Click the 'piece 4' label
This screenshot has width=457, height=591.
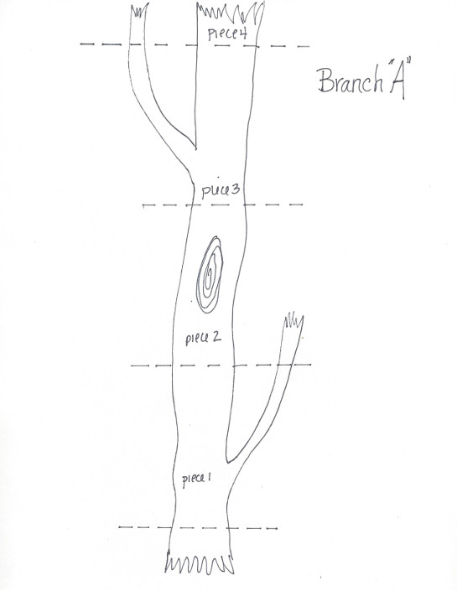tap(227, 34)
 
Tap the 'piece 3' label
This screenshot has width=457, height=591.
tap(221, 190)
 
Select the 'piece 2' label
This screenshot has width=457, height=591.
tap(203, 337)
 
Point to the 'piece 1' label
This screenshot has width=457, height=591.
tap(196, 480)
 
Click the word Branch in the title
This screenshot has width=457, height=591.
tap(351, 81)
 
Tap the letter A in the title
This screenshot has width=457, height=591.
tap(397, 80)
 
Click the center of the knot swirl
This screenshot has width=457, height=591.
tap(210, 274)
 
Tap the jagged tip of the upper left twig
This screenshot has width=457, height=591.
tap(139, 11)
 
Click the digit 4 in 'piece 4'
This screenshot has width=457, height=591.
tap(242, 34)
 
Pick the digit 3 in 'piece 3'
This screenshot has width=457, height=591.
tap(235, 189)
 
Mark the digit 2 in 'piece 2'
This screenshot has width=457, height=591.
tap(216, 336)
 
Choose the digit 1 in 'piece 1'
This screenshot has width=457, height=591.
tap(209, 478)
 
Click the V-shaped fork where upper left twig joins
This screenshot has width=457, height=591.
tap(195, 148)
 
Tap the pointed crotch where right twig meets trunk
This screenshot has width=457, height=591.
tap(228, 460)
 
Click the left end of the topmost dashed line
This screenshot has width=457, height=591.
tap(80, 44)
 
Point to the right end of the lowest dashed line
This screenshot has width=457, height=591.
tap(277, 528)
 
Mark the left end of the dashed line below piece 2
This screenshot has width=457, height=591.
tap(132, 365)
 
